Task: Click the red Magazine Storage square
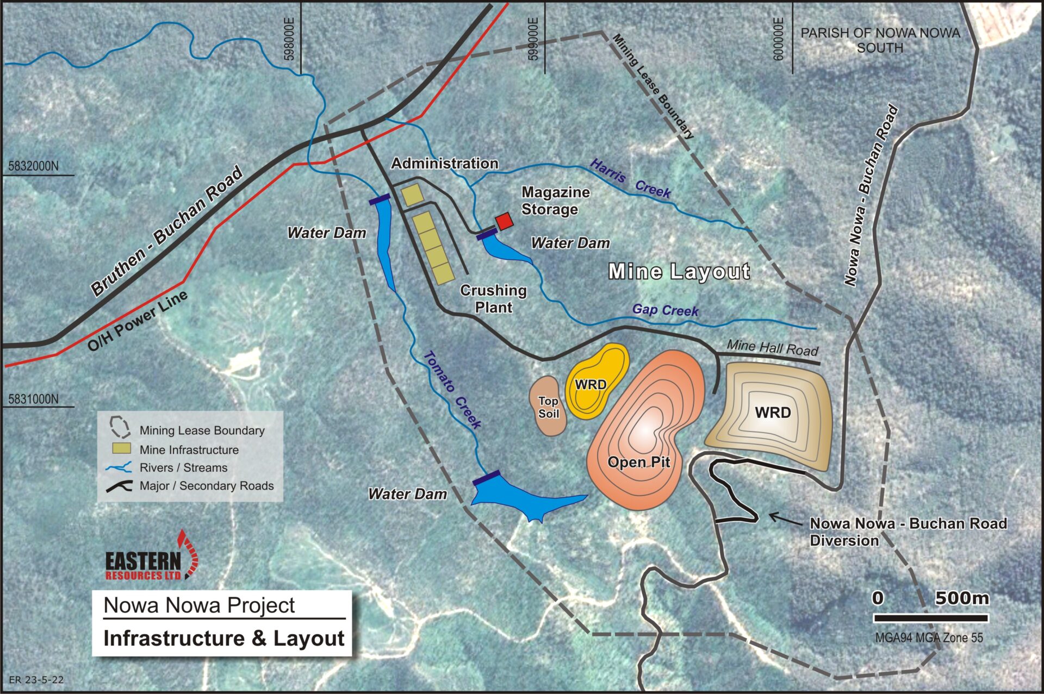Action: (504, 221)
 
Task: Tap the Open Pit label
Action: (638, 462)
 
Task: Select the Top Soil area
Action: (548, 407)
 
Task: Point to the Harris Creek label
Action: (631, 179)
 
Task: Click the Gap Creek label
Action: (665, 310)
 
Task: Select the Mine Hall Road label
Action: (772, 347)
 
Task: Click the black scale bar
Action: (930, 618)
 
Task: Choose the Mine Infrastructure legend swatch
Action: (121, 448)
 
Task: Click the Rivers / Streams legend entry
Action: (183, 468)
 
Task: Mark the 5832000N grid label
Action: (34, 166)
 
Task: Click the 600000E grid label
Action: (779, 39)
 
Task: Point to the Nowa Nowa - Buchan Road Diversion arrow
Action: (785, 520)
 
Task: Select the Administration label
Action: (444, 163)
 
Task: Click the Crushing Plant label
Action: (493, 299)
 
